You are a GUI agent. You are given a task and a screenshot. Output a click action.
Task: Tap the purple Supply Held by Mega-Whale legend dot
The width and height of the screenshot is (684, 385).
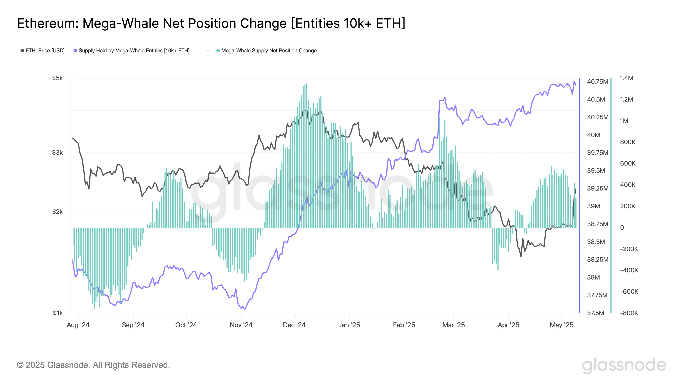point(75,50)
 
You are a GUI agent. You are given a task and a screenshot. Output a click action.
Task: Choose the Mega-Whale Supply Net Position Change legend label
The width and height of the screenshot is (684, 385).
point(269,50)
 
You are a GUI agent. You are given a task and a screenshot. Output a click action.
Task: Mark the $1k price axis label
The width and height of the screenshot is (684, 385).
point(58,313)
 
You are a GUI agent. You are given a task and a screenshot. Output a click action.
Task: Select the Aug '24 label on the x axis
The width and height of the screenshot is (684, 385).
point(78,325)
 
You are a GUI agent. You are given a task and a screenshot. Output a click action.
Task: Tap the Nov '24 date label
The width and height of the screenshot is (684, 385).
point(241,325)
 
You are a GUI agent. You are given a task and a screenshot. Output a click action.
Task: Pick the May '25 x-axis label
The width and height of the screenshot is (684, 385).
point(562,325)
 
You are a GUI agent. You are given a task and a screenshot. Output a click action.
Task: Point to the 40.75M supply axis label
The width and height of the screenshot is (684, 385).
point(597,81)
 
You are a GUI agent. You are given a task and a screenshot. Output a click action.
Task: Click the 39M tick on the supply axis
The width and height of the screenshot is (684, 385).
point(593,206)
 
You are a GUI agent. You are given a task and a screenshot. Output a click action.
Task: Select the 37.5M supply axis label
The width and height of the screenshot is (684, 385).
point(596,313)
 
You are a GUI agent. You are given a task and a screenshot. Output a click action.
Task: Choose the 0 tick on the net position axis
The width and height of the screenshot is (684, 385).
point(622,228)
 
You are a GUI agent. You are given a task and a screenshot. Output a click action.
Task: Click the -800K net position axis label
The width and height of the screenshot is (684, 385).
point(629,313)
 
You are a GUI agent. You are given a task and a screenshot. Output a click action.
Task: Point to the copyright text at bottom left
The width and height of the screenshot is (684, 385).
point(93,365)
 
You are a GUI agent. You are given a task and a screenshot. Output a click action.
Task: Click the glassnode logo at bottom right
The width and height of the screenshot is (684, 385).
point(624,365)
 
